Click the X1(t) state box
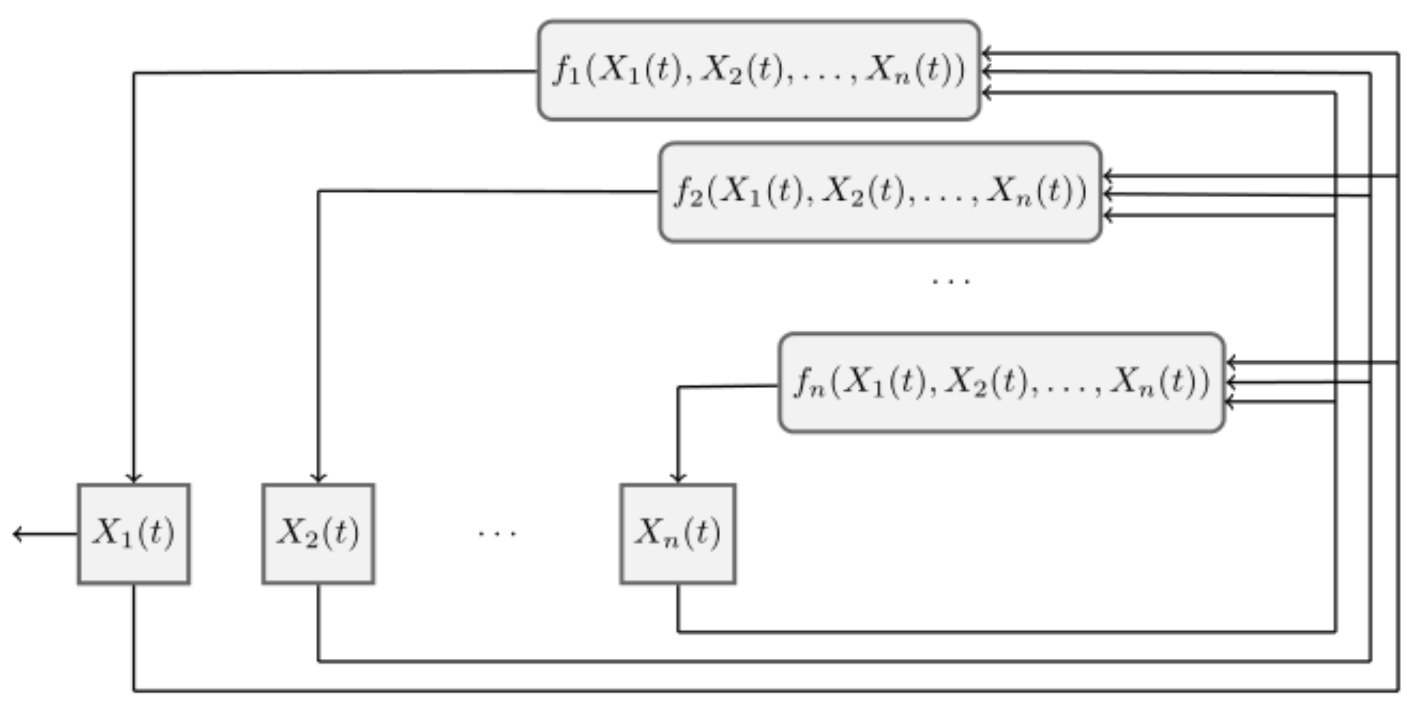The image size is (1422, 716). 134,534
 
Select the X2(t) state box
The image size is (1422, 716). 319,534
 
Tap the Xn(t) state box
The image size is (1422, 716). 678,534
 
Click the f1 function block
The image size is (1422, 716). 759,70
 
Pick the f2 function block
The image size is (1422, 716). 881,192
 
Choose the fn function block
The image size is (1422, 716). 1002,382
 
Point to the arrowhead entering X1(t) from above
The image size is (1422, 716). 134,478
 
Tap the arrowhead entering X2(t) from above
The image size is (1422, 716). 319,478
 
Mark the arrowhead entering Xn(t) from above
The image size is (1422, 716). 678,478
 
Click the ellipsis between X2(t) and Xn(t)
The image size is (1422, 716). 497,534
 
